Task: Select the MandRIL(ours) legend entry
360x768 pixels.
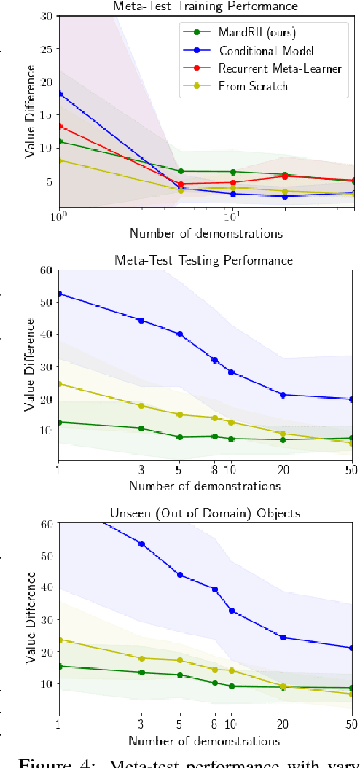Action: coord(251,32)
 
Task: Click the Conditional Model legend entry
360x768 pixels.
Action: coord(267,51)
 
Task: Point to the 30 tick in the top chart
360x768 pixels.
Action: coord(45,16)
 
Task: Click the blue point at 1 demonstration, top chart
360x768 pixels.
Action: coord(59,94)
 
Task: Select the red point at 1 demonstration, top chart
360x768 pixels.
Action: coord(59,126)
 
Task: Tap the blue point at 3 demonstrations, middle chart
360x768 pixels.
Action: coord(141,321)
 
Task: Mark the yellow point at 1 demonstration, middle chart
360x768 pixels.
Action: coord(59,384)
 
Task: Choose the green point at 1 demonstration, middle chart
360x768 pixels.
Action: coord(59,422)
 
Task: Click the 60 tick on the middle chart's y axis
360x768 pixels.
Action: coord(45,270)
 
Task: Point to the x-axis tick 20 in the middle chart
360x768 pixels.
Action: coord(283,471)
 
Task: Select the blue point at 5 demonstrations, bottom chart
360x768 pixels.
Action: coord(179,575)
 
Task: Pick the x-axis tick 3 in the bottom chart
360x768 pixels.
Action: coord(141,724)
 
